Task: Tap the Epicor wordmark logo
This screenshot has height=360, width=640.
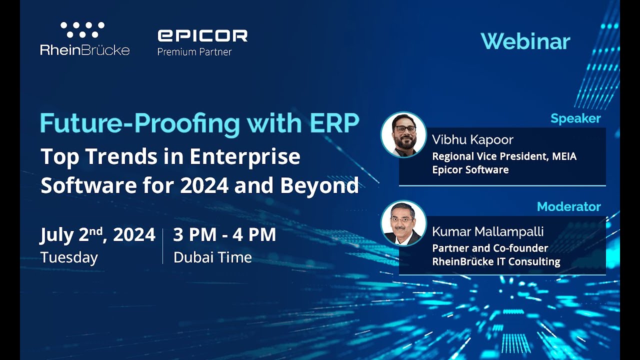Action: coord(202,35)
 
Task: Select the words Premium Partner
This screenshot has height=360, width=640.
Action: coord(194,51)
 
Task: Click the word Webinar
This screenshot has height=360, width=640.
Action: coord(525,41)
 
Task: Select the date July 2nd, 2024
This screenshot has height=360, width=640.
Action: coord(97,235)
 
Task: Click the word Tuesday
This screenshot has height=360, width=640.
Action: coord(69,257)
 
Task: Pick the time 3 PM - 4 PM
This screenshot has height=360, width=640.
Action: coord(224,235)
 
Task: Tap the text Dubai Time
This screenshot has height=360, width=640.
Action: coord(212,257)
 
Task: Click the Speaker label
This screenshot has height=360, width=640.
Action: coord(575,118)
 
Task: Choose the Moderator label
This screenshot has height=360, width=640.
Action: coord(568,206)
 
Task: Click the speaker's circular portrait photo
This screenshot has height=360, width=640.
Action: coord(403,134)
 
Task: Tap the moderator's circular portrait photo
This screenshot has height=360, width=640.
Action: coord(403,223)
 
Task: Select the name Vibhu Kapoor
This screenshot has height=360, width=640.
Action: coord(472,140)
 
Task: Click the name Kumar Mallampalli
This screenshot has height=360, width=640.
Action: coord(487,232)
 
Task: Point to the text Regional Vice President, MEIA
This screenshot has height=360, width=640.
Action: coord(504,156)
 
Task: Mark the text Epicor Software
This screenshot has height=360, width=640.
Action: coord(470,169)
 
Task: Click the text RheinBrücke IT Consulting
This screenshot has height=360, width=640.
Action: coord(496,261)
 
